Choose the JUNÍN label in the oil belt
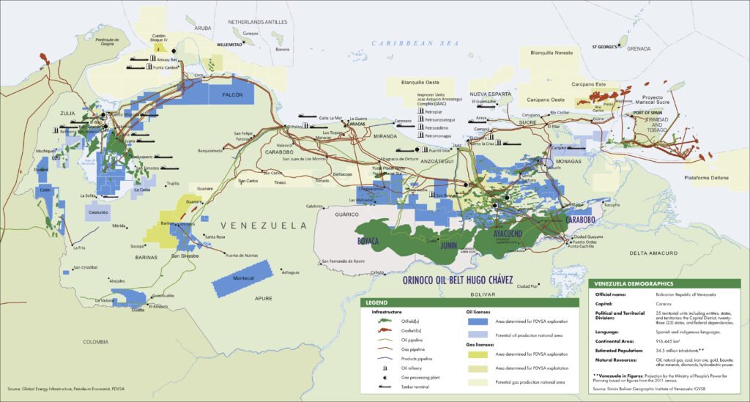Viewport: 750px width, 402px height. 448,246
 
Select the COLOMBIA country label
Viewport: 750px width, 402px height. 96,341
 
